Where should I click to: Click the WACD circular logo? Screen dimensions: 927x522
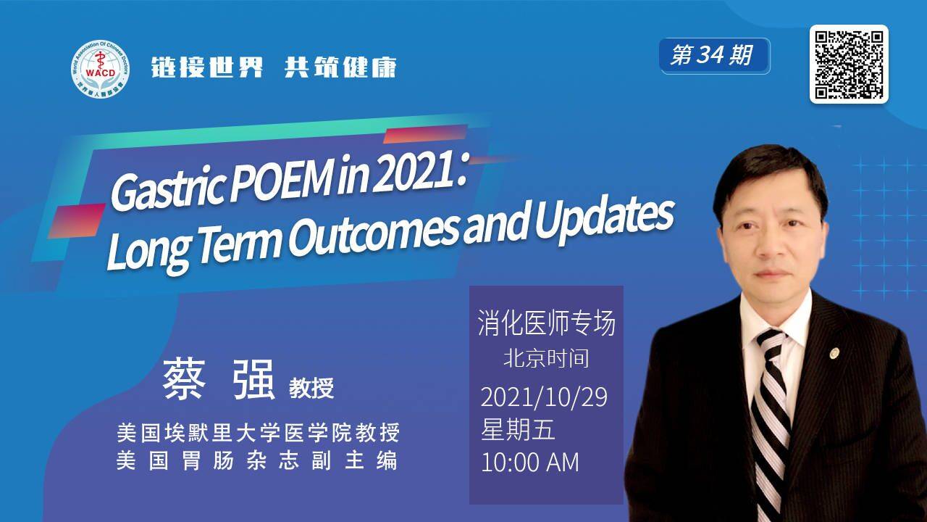[100, 69]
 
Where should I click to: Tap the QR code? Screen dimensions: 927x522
[849, 64]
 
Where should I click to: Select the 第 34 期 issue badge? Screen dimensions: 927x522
[714, 56]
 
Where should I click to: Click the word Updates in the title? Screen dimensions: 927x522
[605, 222]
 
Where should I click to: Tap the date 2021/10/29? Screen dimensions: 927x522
[544, 397]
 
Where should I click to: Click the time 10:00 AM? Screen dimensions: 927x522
[530, 462]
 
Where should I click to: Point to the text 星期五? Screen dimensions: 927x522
[518, 429]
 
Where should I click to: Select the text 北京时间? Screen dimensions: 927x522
[546, 358]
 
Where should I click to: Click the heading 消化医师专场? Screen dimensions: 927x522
[546, 323]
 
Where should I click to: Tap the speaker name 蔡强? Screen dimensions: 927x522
[219, 379]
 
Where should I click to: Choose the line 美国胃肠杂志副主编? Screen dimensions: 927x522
[257, 461]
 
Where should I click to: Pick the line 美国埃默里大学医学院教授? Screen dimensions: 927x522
[258, 433]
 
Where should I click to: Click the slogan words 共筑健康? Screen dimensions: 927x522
[340, 67]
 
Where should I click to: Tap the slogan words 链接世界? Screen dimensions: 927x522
[207, 67]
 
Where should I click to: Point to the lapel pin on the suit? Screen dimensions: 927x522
[835, 353]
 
